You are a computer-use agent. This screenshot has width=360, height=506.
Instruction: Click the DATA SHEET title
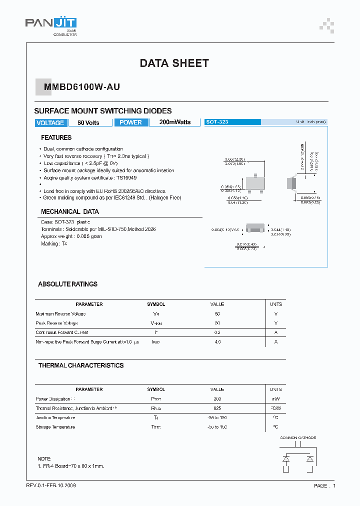(x=174, y=63)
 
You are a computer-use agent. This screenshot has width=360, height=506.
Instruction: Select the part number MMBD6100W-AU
(x=82, y=87)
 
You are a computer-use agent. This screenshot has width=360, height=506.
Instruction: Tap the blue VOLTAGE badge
(x=50, y=122)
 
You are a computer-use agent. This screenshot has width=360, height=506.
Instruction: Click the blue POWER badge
(x=131, y=122)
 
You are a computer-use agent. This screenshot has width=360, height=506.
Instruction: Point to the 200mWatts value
(x=174, y=122)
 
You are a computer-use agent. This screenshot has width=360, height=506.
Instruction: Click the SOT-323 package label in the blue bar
(x=217, y=122)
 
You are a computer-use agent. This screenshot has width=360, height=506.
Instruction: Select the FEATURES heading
(x=56, y=137)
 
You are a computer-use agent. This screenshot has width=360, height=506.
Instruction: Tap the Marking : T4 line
(x=54, y=243)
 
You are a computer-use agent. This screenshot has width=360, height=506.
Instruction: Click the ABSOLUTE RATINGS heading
(x=67, y=284)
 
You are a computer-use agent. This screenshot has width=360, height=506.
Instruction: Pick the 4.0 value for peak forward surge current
(x=217, y=342)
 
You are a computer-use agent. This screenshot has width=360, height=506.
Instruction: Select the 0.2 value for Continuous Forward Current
(x=217, y=332)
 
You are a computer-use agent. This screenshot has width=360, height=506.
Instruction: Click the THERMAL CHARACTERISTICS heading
(x=80, y=365)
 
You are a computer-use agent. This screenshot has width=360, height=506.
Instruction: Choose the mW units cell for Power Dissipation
(x=275, y=399)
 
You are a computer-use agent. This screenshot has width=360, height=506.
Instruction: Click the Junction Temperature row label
(x=55, y=417)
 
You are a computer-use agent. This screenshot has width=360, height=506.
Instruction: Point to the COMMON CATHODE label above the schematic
(x=297, y=437)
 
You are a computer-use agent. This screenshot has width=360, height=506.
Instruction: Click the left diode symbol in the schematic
(x=286, y=458)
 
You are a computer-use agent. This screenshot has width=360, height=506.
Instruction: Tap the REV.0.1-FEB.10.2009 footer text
(x=51, y=485)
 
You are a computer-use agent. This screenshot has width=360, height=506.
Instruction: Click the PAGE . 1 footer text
(x=324, y=486)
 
